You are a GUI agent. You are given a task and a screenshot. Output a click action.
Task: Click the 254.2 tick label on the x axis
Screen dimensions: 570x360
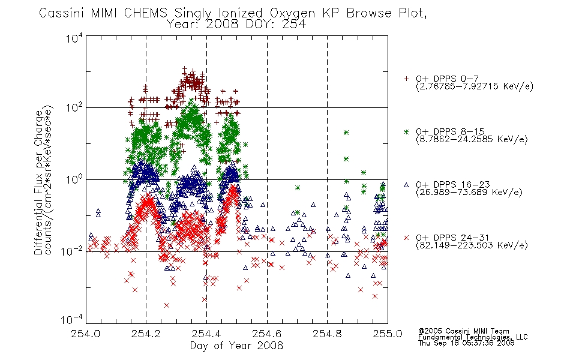click(x=146, y=334)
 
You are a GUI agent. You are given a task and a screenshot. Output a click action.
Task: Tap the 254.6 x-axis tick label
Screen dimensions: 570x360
click(x=267, y=334)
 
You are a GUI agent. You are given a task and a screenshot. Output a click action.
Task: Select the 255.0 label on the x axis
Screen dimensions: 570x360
click(x=388, y=334)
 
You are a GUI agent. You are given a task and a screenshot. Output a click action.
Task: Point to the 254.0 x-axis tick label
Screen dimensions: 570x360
click(x=85, y=334)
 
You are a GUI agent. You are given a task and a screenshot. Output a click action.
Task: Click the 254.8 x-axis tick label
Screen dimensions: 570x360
click(x=327, y=334)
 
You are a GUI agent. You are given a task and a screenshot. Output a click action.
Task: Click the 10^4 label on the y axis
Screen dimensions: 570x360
click(x=74, y=38)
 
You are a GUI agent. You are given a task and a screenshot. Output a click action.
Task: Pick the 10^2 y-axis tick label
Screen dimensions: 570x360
click(x=74, y=107)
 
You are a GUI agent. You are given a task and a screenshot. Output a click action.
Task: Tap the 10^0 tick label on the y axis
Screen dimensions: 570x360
click(x=74, y=179)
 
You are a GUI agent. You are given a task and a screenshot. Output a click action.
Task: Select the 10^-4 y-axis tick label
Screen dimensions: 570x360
click(x=72, y=320)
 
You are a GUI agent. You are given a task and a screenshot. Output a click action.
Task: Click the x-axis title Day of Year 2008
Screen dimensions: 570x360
click(x=236, y=346)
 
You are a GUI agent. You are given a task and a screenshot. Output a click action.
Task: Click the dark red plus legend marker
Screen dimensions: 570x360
click(x=406, y=79)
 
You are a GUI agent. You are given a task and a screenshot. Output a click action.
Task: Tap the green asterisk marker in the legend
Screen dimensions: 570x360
click(x=406, y=131)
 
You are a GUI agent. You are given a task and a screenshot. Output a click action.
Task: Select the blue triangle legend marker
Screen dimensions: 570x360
click(x=406, y=185)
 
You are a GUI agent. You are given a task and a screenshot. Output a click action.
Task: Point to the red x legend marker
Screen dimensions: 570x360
click(x=406, y=238)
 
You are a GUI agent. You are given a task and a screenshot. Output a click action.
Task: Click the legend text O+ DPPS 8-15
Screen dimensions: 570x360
click(x=450, y=131)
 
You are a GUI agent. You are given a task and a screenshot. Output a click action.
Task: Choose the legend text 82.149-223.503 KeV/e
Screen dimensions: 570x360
click(x=472, y=245)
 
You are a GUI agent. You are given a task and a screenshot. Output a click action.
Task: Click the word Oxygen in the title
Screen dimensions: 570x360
click(x=293, y=13)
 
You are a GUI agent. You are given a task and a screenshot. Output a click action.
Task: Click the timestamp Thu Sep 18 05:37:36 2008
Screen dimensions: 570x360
click(x=466, y=343)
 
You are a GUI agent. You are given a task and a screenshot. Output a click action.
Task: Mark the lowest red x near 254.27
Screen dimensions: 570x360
click(x=166, y=305)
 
